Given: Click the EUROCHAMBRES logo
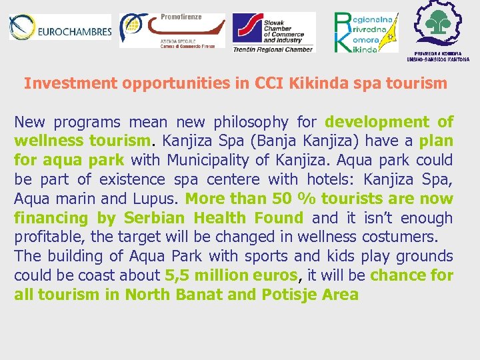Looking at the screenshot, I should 60,28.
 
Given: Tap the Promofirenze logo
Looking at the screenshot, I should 172,30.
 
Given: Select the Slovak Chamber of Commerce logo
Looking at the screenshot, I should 273,32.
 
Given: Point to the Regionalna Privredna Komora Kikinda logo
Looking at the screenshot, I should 365,32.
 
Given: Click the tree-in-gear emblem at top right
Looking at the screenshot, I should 438,25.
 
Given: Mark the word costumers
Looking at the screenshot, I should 399,237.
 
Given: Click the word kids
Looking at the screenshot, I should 341,257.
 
